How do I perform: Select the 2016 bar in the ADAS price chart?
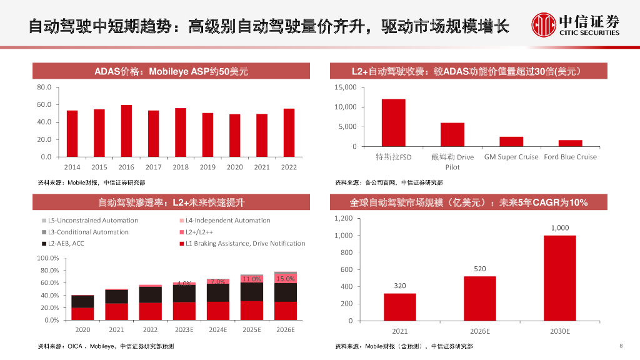coord(126,131)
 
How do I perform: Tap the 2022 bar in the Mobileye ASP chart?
coord(289,133)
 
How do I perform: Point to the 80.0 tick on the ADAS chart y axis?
coord(44,87)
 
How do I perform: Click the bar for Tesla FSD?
coord(394,123)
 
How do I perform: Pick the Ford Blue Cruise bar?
coord(570,144)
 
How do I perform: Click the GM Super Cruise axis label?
coord(511,157)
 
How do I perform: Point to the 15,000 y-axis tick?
coord(346,87)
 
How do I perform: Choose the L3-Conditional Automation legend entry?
coord(88,232)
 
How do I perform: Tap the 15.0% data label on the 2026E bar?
coord(285,279)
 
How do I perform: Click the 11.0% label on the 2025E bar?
coord(251,279)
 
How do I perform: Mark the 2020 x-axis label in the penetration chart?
coord(82,329)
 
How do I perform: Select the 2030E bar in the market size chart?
coord(559,278)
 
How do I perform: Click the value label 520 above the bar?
coord(479,269)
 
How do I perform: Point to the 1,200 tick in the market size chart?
coord(343,218)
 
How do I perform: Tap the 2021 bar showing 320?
coord(399,307)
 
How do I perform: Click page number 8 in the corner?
coord(621,346)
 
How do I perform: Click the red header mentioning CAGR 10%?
coord(468,202)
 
